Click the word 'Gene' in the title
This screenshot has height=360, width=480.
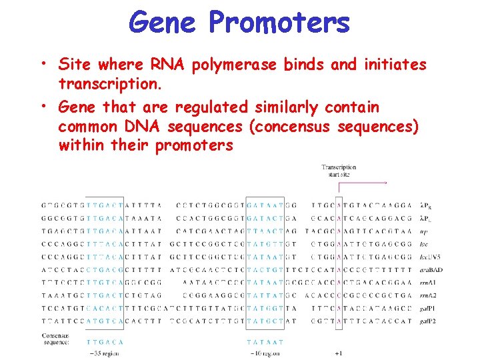coord(162,23)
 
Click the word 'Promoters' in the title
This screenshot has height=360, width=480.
coord(279,23)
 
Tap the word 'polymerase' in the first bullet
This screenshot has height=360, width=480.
coord(235,64)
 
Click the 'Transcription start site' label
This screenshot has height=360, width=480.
coord(339,171)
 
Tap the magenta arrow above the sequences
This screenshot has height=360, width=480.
coord(363,182)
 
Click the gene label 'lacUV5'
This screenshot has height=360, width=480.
coord(428,257)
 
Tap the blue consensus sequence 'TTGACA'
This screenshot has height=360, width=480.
coord(105,341)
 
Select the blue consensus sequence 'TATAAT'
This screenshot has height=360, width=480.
coord(265,341)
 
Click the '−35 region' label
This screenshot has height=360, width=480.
coord(105,353)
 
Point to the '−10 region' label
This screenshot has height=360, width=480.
coord(265,353)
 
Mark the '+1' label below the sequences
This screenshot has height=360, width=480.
coord(339,353)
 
